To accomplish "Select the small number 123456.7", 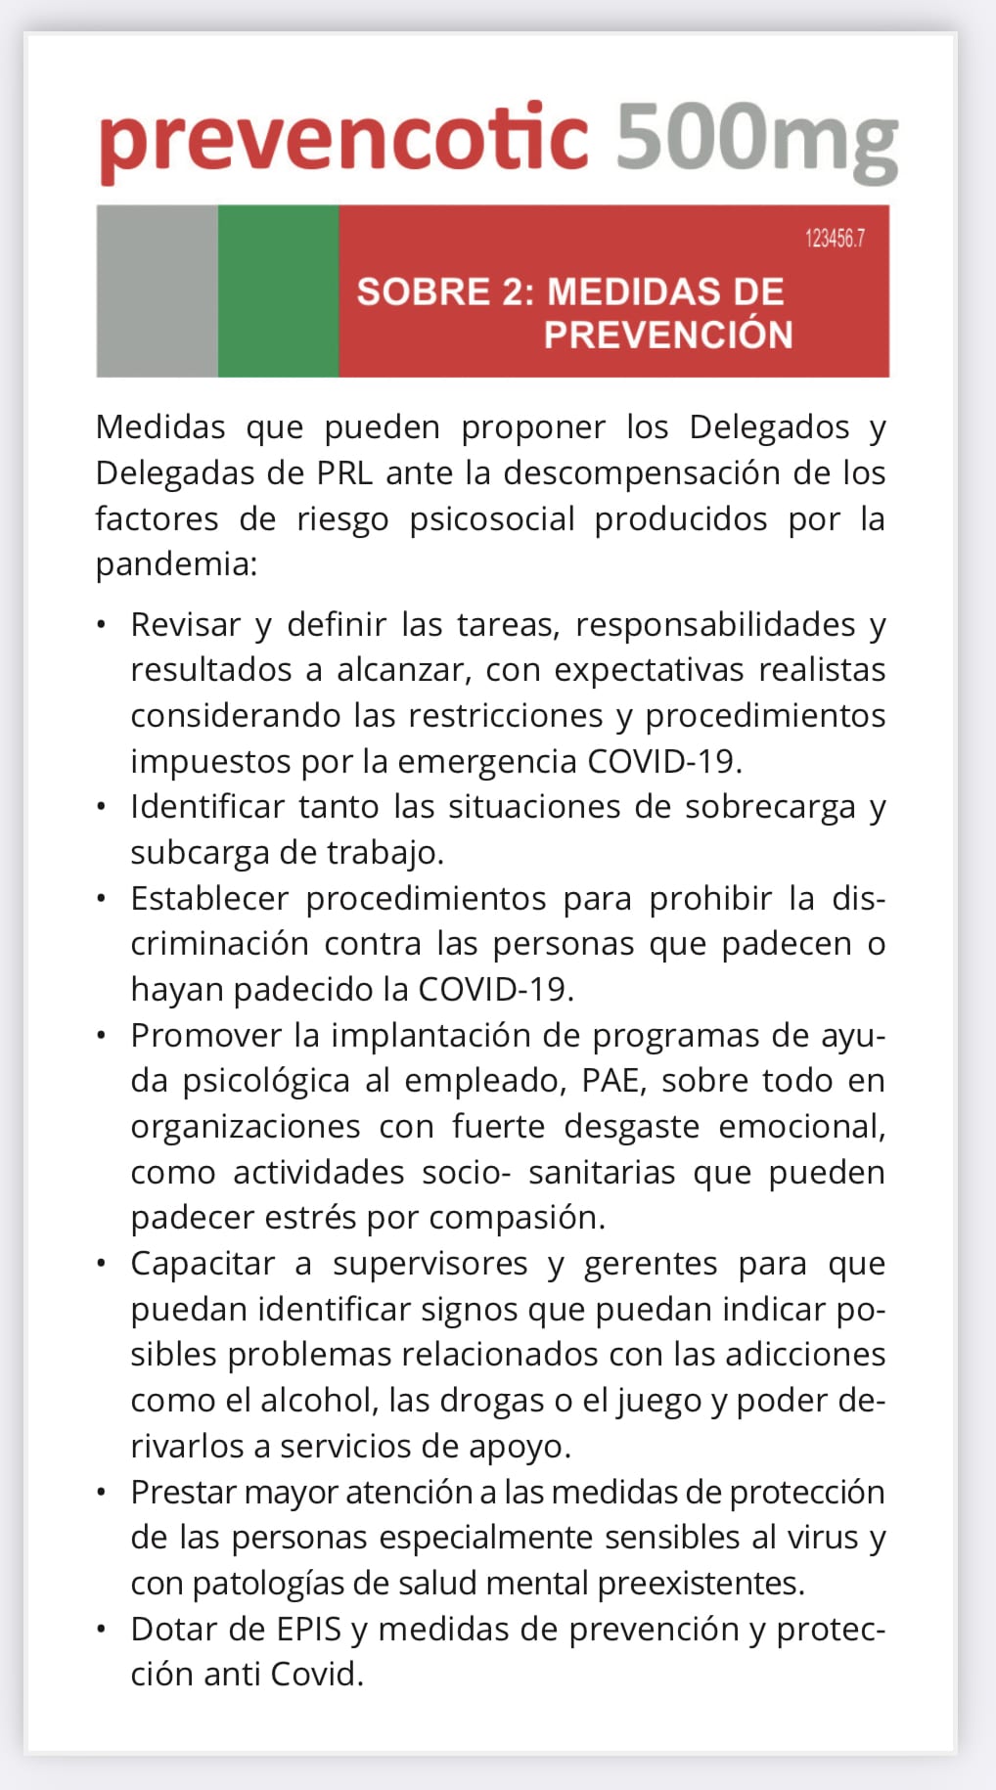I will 835,239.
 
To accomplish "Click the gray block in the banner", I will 157,291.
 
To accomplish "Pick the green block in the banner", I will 278,291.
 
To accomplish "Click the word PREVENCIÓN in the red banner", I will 668,336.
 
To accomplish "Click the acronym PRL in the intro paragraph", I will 344,473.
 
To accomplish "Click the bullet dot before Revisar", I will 102,623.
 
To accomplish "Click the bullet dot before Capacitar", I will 102,1263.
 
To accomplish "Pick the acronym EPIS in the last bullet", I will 309,1629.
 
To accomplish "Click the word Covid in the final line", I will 312,1675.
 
